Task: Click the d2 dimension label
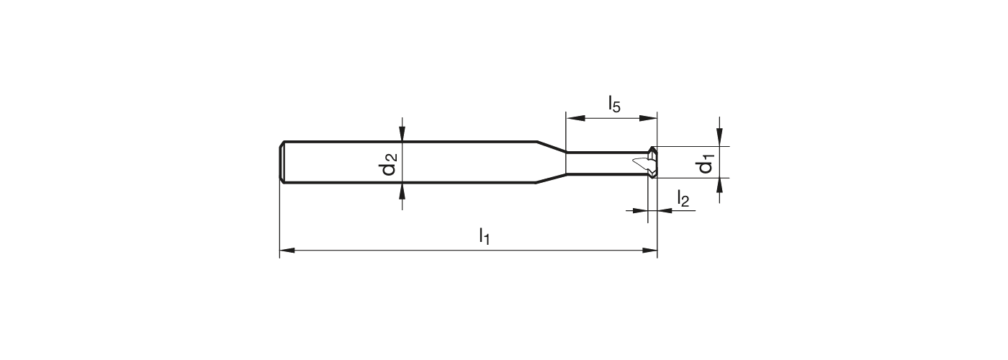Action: (x=388, y=164)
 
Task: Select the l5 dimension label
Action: (x=613, y=104)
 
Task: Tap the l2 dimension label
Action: (x=683, y=198)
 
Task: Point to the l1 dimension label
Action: (x=484, y=236)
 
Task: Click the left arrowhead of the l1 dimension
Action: (x=287, y=251)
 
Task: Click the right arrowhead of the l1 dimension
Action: (x=649, y=251)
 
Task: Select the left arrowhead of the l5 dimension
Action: (x=575, y=118)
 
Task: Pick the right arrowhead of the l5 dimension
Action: (x=649, y=118)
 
